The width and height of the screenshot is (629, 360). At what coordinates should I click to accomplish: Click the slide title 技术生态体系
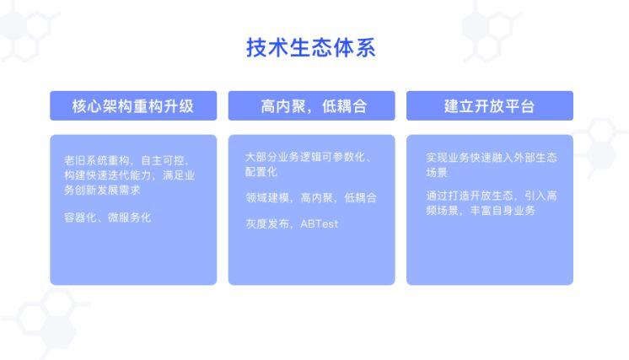point(311,48)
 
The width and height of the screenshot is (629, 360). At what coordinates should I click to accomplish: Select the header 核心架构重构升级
point(133,106)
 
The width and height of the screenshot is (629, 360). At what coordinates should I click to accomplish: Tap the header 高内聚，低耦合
point(314,106)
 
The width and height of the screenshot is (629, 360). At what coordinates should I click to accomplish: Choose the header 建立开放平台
point(489,106)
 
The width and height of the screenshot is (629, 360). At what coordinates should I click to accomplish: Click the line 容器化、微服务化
point(108,218)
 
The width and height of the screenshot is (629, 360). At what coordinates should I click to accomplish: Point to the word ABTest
point(320,223)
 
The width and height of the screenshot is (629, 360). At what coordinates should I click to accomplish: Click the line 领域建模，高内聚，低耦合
point(311,197)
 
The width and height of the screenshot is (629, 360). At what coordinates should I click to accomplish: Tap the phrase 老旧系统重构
point(97,160)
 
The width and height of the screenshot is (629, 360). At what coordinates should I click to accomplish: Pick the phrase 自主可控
point(163,160)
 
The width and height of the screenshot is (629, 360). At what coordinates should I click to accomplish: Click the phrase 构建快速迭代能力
point(108,175)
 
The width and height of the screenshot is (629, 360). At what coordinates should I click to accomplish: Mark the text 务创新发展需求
point(102,190)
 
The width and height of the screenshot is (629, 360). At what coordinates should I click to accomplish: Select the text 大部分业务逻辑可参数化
point(305,157)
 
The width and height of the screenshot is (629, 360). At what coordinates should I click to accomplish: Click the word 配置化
point(261,172)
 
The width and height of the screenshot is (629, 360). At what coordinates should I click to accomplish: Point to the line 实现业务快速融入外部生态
point(492,157)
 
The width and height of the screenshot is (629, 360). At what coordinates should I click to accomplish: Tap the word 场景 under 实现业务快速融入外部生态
point(437,172)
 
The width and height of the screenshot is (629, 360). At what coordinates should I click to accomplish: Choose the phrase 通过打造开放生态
point(470,196)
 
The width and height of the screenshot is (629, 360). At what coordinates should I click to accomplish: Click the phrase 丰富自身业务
point(503,211)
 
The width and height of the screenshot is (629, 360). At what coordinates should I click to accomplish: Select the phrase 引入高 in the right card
point(540,196)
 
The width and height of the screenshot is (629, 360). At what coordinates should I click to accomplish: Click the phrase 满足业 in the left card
point(179,175)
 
